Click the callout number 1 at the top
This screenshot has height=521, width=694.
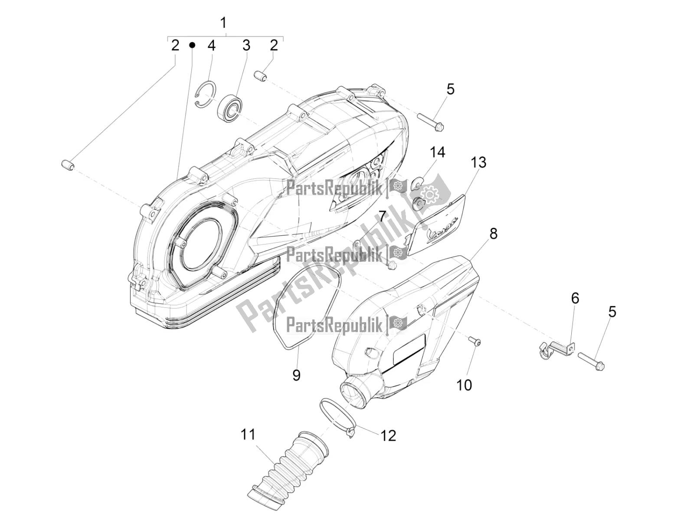point(223,23)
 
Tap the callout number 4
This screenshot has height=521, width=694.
point(211,45)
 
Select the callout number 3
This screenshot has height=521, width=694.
point(246,45)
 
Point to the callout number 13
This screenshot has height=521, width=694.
point(478,163)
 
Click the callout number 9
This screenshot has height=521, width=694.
point(296,374)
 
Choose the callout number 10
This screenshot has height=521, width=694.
point(465,385)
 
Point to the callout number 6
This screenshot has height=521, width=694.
point(575,298)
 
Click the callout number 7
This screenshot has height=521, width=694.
point(382,216)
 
